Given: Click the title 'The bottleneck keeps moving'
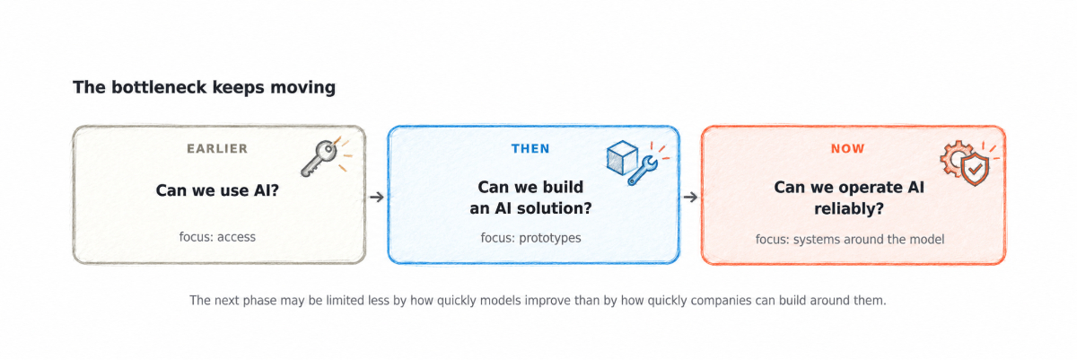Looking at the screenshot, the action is click(204, 87).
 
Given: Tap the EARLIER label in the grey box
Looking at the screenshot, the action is click(217, 148).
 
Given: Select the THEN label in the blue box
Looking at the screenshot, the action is click(530, 148).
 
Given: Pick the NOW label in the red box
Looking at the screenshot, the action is click(847, 148).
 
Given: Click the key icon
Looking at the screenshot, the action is click(319, 158).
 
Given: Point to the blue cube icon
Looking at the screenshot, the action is click(622, 158).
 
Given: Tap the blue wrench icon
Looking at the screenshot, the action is click(643, 171).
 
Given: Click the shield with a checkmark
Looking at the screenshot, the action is click(975, 170).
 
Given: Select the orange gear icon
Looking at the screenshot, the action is click(955, 158).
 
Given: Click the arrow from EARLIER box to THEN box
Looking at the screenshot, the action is click(376, 197).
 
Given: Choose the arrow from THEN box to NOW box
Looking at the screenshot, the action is click(690, 197).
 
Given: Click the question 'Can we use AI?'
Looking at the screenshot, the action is click(217, 190).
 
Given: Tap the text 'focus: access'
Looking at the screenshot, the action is click(217, 237).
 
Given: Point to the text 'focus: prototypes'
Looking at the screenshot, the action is click(530, 238).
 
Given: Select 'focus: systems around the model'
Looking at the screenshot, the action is click(850, 240).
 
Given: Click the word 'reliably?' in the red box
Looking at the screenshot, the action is click(849, 209).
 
